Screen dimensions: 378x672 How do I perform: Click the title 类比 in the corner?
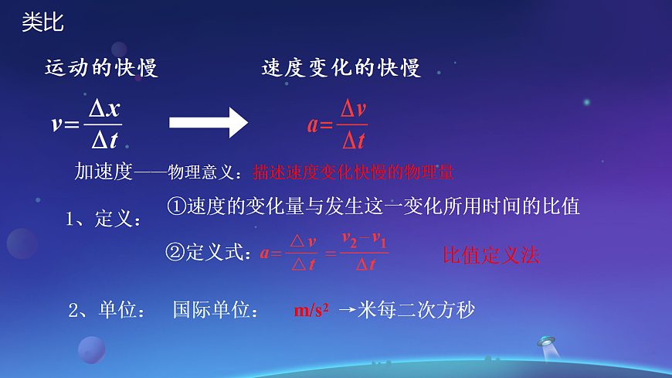(x=42, y=22)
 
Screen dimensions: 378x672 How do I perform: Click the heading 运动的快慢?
(x=101, y=68)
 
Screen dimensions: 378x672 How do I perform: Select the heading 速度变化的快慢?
(x=341, y=68)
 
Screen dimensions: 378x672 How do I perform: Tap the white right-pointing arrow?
(x=208, y=123)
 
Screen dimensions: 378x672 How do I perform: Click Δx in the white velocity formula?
(x=104, y=109)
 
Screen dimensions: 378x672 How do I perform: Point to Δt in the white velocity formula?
(x=104, y=139)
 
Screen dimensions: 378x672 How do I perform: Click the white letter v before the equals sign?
(x=57, y=124)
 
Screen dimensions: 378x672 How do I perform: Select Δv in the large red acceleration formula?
(x=353, y=109)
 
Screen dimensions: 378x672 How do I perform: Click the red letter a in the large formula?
(x=313, y=124)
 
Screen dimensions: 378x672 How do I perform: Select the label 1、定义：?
(x=103, y=220)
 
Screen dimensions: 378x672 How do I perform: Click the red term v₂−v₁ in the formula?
(x=365, y=239)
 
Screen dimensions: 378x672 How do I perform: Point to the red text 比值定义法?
(x=490, y=255)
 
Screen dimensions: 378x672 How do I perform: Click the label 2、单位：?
(x=107, y=311)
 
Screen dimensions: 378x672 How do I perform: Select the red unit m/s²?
(x=311, y=311)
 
